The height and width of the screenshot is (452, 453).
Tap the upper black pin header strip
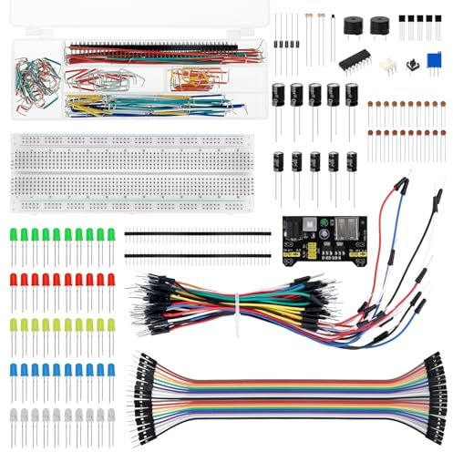pos(197,232)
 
